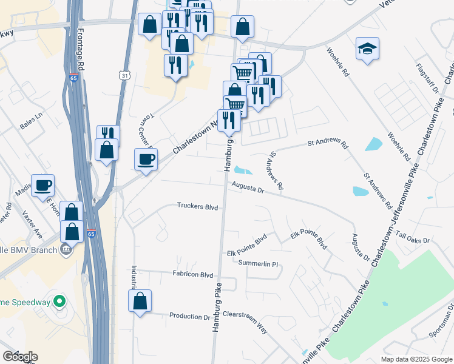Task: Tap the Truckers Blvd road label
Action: [x=197, y=207]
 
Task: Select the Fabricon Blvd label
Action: [x=193, y=274]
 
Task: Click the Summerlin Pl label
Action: [x=258, y=264]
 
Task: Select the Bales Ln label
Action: [x=32, y=115]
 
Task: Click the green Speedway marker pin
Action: [x=59, y=301]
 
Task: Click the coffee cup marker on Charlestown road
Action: [x=146, y=160]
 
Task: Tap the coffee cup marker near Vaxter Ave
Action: [x=43, y=185]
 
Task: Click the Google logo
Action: [x=20, y=356]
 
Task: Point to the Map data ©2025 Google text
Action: [x=416, y=359]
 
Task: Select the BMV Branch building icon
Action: [x=65, y=249]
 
